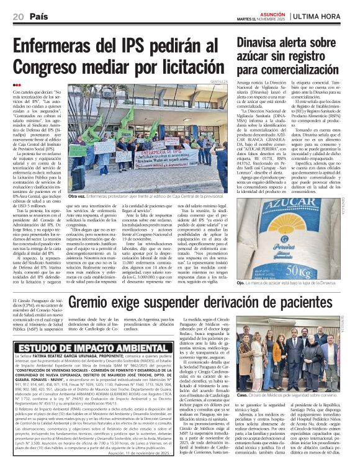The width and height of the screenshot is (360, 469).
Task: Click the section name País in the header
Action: [x=39, y=16]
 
